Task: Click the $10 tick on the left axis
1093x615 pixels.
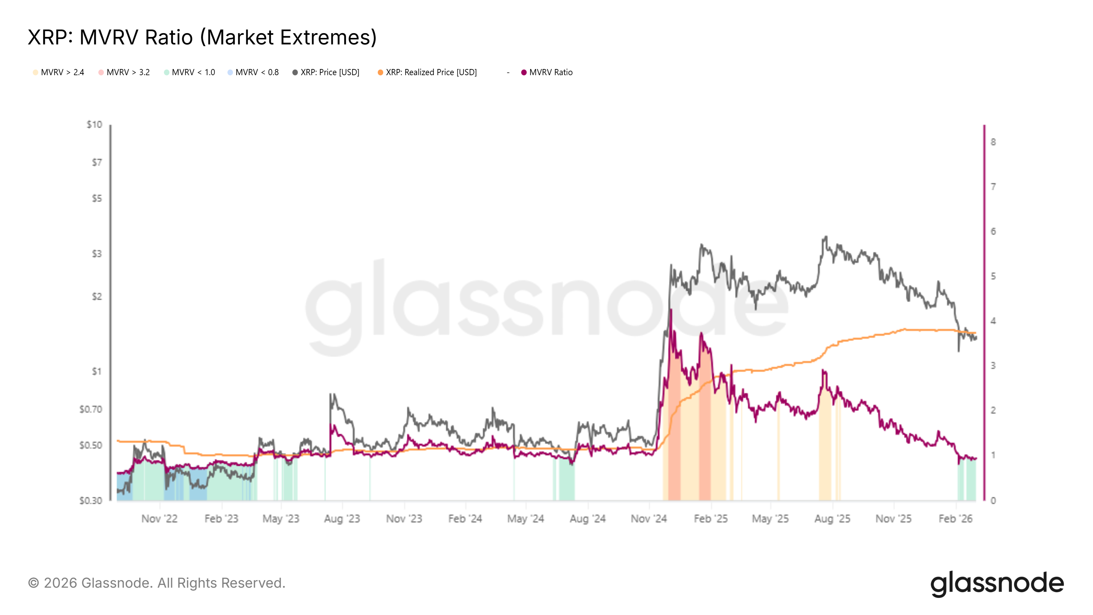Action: (94, 125)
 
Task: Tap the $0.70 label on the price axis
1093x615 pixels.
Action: (91, 409)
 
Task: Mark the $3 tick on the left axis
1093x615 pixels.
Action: (97, 254)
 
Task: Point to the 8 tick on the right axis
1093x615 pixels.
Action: (993, 142)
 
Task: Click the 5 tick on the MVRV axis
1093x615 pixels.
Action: (993, 276)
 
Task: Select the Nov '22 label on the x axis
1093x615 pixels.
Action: (160, 519)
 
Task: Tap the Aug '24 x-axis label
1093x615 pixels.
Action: (587, 519)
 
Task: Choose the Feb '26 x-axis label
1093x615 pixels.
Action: (955, 519)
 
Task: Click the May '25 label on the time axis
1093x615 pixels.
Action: (770, 519)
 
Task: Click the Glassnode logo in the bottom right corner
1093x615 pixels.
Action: (997, 584)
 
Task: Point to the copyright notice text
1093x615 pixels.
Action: (156, 583)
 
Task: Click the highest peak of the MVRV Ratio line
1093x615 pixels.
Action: (671, 310)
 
